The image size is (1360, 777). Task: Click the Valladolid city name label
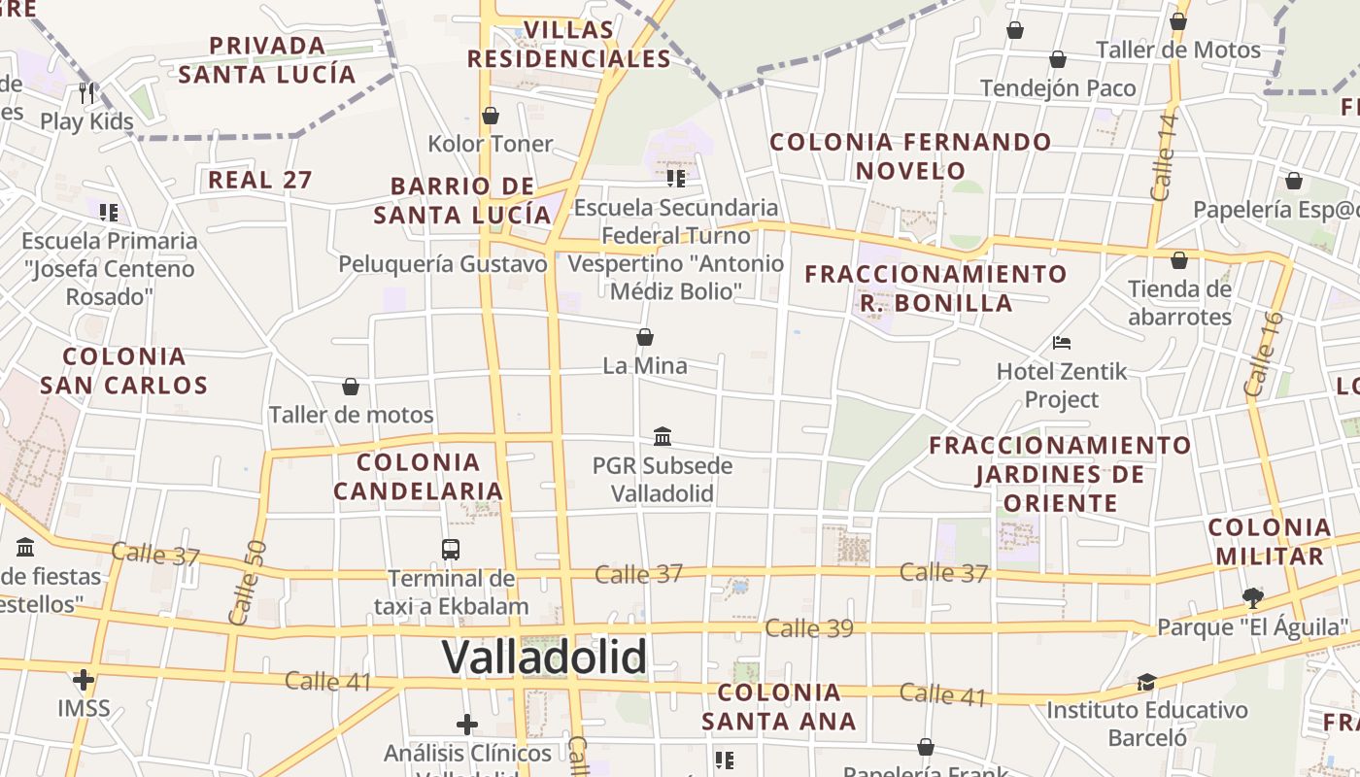(x=544, y=658)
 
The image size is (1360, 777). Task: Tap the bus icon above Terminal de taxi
(x=451, y=550)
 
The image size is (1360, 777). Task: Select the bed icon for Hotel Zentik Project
(x=1062, y=343)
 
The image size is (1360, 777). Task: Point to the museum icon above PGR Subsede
(x=663, y=436)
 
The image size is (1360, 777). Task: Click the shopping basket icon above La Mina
(x=644, y=337)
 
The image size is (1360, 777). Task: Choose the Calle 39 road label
(x=808, y=628)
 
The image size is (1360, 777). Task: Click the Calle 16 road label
(x=1264, y=354)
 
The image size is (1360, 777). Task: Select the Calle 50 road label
(x=247, y=583)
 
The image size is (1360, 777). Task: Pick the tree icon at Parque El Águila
(x=1253, y=596)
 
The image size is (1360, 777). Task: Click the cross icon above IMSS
(x=84, y=679)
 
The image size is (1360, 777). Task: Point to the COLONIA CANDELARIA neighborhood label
(x=418, y=476)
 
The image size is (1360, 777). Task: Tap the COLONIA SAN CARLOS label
(x=124, y=370)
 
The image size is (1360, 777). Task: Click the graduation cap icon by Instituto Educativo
(x=1147, y=682)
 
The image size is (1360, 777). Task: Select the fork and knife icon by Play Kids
(x=87, y=93)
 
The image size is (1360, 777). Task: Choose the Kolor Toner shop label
(x=491, y=144)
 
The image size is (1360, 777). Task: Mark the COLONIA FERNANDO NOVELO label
(x=910, y=156)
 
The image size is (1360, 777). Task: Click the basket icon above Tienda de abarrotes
(x=1179, y=260)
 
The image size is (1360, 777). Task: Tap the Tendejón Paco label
(x=1058, y=88)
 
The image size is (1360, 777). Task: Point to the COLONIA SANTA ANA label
(x=779, y=706)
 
